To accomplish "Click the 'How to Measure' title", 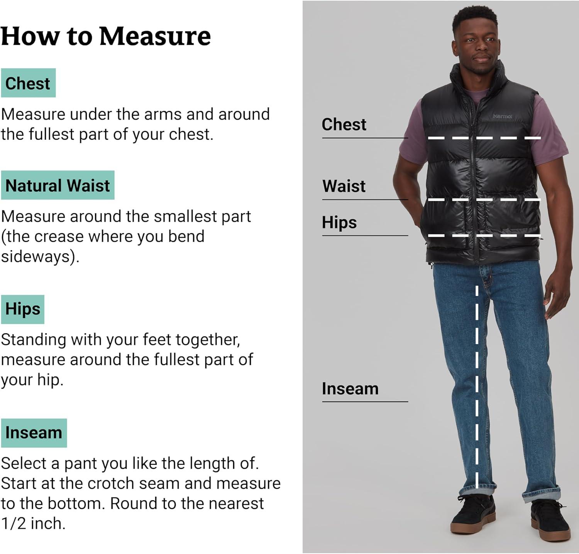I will pos(106,36).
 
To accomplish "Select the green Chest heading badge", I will pos(28,83).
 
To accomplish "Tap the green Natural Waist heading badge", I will pos(58,185).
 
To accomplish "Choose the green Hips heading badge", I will pos(23,309).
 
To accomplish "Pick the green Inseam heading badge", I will pos(34,433).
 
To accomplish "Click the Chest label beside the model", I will pos(344,125).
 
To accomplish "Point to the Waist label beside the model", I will pos(344,186).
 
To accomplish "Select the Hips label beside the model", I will pos(339,222).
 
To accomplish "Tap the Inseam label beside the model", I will pos(350,389).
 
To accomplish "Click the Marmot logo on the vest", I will pos(502,116).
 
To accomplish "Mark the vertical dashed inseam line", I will pos(477,386).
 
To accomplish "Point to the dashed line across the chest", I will pos(484,138).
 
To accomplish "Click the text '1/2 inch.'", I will pos(33,524).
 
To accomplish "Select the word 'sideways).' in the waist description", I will pos(40,256).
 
